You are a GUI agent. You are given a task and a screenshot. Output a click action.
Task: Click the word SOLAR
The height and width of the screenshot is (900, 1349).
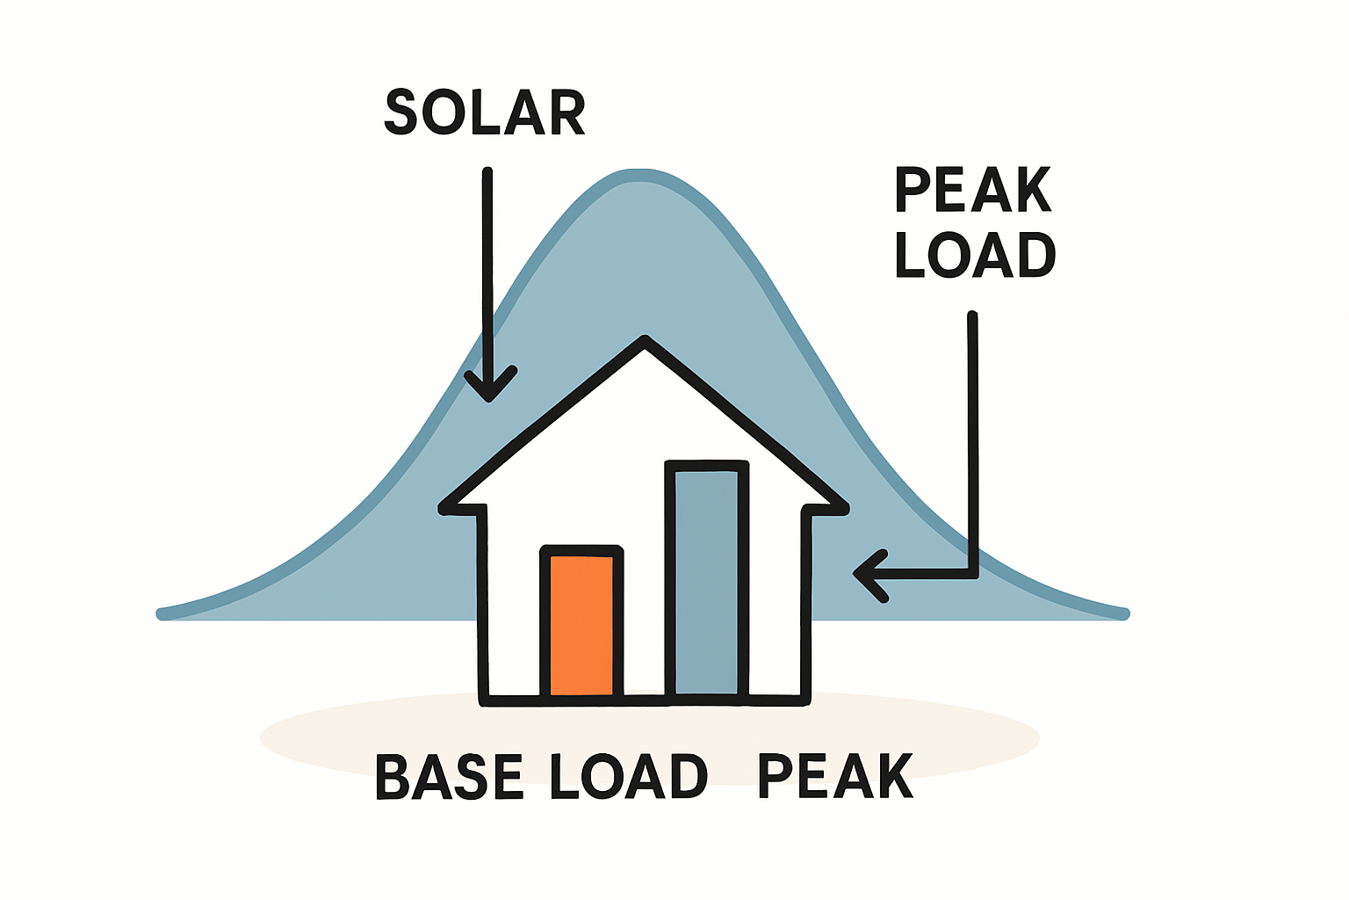point(485,112)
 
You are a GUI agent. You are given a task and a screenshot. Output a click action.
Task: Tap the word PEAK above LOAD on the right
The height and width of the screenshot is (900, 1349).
point(973,190)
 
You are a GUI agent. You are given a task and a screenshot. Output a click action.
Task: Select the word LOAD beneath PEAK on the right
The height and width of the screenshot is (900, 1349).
point(975,256)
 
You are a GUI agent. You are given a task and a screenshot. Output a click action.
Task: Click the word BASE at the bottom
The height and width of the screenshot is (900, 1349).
point(449,777)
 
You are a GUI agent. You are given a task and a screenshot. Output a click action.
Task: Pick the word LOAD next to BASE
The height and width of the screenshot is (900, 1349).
point(628,777)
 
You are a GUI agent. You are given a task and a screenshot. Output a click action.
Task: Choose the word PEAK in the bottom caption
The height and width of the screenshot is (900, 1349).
point(835,776)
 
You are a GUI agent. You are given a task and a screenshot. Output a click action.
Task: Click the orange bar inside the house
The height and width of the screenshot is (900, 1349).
point(581,624)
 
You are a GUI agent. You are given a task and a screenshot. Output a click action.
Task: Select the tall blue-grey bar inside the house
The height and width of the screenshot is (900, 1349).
point(706,580)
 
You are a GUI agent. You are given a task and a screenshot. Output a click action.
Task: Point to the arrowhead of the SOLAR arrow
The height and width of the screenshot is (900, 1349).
point(489,397)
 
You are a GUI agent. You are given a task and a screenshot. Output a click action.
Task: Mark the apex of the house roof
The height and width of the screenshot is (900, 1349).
point(646,340)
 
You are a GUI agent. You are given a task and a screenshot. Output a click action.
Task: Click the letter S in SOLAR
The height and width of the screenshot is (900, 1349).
point(400,112)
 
